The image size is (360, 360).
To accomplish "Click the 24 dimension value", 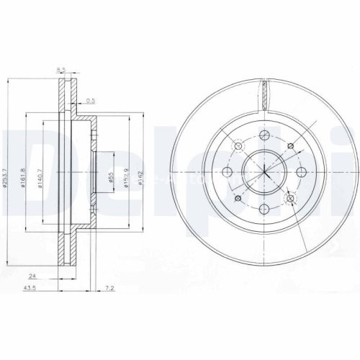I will (32, 274).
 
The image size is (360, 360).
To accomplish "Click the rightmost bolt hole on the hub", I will (301, 172).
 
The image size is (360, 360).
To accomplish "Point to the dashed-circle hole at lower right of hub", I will (291, 199).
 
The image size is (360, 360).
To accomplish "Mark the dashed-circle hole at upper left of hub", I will (237, 145).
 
